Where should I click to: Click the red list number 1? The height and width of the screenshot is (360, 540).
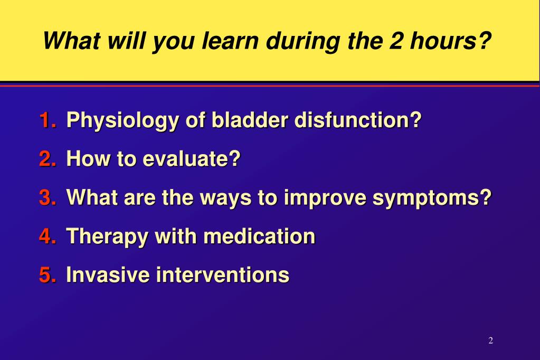(x=48, y=120)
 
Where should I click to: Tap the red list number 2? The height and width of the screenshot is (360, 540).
(x=48, y=158)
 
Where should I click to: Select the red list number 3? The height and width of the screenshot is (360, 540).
(x=48, y=197)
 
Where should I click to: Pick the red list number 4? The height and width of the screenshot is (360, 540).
(x=48, y=236)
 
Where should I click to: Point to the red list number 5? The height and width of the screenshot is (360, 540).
(x=48, y=275)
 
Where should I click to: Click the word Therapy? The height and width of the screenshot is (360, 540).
(x=107, y=238)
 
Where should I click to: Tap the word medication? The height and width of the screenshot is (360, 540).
(x=259, y=236)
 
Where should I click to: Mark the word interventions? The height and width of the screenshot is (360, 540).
(x=223, y=275)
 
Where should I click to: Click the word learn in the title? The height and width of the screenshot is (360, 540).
(x=230, y=41)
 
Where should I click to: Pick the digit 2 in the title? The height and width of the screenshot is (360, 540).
(x=396, y=41)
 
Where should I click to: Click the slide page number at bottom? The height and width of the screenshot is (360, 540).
(x=491, y=340)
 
